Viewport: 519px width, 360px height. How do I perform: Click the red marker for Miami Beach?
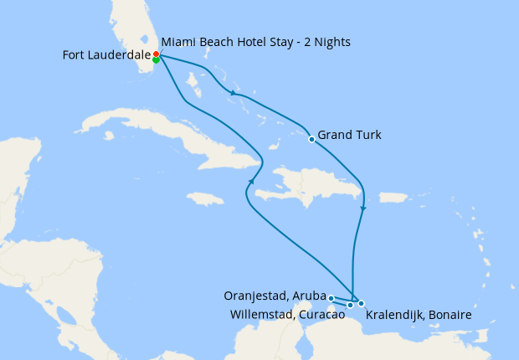[157, 54]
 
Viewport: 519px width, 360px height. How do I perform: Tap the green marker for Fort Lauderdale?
[157, 59]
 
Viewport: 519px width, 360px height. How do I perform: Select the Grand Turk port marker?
[311, 139]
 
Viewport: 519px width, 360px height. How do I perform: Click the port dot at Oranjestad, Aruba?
[331, 298]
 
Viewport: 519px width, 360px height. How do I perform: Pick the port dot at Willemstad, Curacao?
[350, 305]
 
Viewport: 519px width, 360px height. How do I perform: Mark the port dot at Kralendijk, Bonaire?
[361, 303]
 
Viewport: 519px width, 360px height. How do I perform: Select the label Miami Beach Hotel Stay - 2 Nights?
[255, 42]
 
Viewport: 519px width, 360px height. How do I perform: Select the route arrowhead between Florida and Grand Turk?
[232, 93]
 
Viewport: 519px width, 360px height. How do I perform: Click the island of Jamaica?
[205, 198]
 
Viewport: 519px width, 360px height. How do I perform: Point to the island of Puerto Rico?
[393, 198]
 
